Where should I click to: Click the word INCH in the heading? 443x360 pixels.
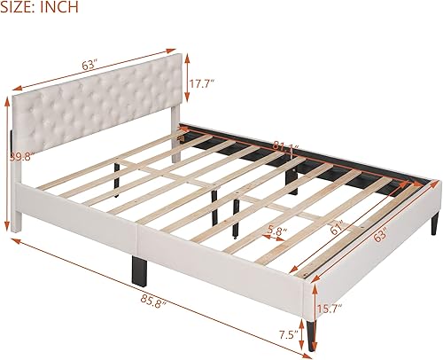pos(62,8)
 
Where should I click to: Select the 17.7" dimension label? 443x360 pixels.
pos(203,85)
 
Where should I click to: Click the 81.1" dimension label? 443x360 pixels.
pos(285,145)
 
